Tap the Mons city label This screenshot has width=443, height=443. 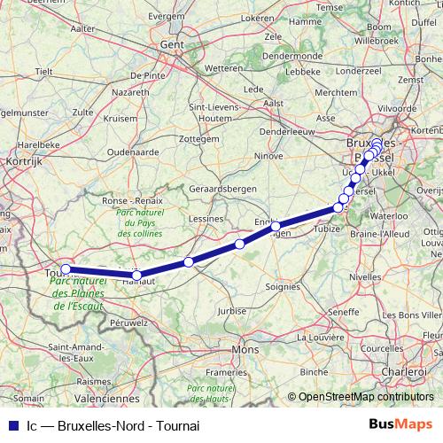244,350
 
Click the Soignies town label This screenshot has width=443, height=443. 283,287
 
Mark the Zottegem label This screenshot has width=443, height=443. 197,140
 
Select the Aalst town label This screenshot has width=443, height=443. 274,103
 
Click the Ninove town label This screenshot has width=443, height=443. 268,156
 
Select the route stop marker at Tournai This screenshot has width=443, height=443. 66,269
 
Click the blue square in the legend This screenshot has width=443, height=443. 11,425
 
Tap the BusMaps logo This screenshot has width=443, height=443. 400,424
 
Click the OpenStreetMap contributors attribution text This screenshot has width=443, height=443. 365,397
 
